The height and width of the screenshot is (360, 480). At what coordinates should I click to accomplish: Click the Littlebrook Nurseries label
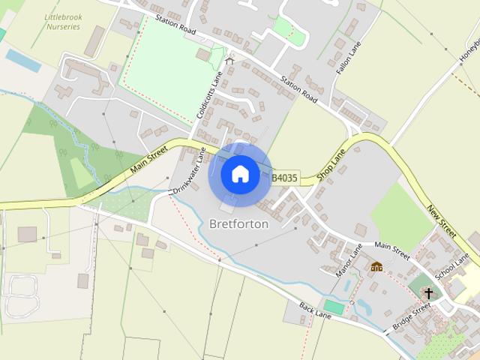pos(62,21)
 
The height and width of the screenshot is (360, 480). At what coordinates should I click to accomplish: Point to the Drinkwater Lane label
pos(189,172)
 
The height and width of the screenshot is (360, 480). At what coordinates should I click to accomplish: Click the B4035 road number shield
pos(284,178)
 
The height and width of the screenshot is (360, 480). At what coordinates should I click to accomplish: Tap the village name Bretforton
pos(239,223)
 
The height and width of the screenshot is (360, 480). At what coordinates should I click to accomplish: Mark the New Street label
pos(442,220)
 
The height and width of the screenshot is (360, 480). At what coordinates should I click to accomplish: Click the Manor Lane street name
pos(349,259)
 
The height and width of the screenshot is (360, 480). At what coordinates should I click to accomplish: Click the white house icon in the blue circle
pos(240,174)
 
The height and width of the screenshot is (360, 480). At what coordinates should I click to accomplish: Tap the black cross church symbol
pos(429,293)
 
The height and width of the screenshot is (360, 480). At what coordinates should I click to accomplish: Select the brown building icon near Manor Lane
pos(376,266)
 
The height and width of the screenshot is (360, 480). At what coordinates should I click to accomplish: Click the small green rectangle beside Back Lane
pos(334,307)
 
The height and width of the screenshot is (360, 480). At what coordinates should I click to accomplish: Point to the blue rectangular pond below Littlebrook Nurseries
pos(22,61)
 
